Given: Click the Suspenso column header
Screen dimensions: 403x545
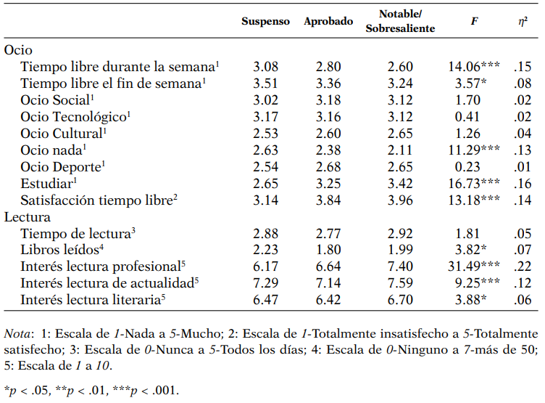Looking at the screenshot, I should click(265, 22).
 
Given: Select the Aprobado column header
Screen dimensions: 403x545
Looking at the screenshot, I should click(328, 22).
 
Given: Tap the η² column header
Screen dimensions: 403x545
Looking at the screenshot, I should click(517, 22).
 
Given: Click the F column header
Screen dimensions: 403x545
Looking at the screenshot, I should click(473, 22).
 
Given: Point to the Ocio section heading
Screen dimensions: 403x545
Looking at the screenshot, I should click(18, 51).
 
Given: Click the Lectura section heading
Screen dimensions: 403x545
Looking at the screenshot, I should click(28, 216).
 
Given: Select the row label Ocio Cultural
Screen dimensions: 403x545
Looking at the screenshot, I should click(63, 133).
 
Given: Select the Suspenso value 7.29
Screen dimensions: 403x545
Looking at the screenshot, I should click(265, 282).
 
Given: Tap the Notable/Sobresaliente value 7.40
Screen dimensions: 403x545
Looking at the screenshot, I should click(400, 265).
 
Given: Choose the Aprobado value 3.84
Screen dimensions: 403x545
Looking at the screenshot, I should click(328, 199).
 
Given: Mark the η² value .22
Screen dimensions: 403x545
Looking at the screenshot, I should click(517, 265).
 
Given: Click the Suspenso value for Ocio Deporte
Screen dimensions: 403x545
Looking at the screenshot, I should click(265, 166).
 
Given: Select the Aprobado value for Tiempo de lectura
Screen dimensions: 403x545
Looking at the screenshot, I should click(328, 232).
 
